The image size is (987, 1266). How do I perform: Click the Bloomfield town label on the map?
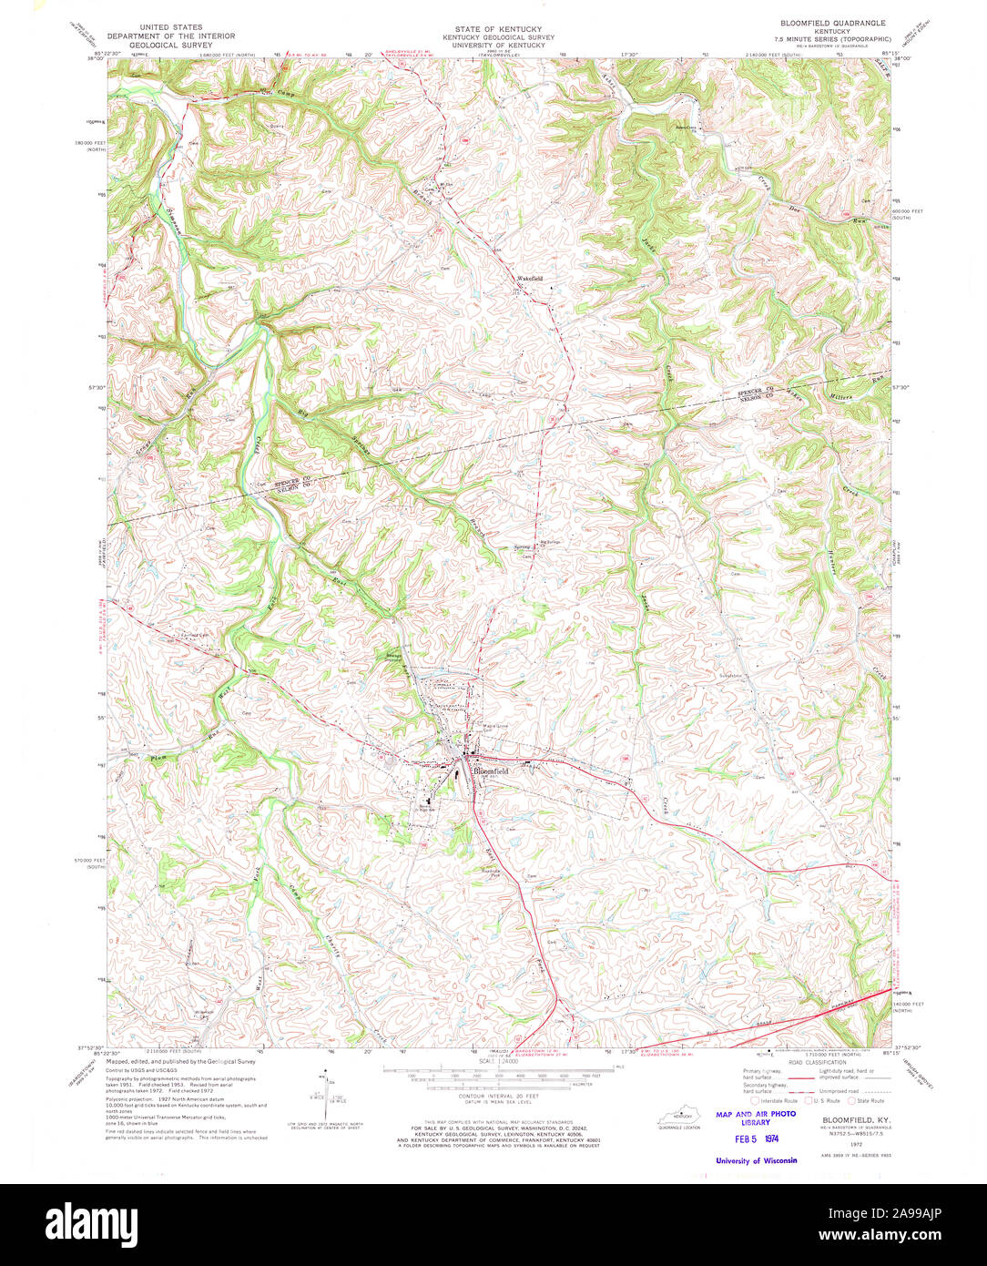point(490,771)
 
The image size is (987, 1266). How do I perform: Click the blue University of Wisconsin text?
point(756,1159)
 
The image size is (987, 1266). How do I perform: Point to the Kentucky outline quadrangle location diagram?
point(679,1117)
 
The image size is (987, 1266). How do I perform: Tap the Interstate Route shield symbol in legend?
point(755,1100)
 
